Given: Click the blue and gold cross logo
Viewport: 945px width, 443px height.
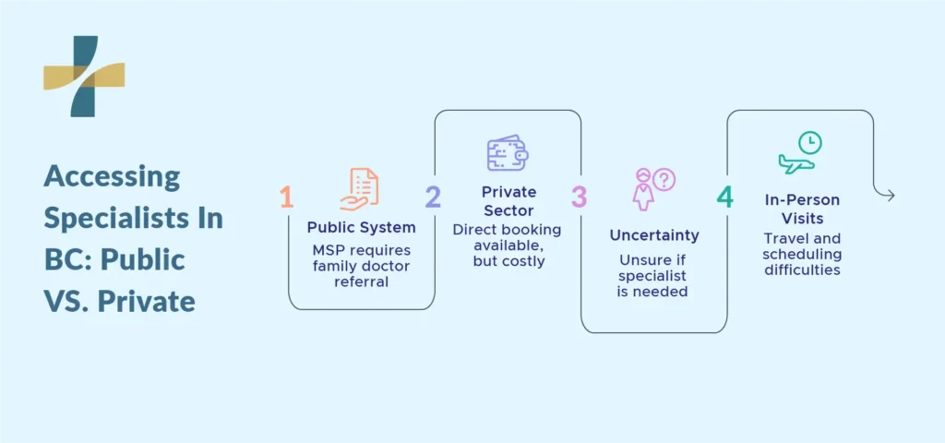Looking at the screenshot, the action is point(84,76).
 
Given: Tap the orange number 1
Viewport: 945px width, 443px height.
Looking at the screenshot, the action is point(287,198).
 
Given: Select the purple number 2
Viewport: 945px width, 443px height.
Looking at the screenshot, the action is point(433,198).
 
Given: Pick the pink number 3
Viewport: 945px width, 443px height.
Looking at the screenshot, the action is point(579,198).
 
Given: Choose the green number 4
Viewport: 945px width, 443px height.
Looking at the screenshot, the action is point(725,198).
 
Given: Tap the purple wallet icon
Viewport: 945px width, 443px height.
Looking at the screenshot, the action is point(508,152).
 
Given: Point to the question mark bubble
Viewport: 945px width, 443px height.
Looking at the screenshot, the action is point(664,180).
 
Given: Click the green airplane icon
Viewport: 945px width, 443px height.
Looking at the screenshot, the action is point(796,163).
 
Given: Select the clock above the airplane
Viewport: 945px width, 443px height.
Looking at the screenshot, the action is point(810,143).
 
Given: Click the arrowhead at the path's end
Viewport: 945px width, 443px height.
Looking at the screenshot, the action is point(891,196).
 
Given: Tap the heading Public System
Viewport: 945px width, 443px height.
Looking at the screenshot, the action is point(362,227).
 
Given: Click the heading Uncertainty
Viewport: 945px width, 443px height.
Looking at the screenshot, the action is point(654,235).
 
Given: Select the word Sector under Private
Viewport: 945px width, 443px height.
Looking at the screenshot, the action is point(508,210).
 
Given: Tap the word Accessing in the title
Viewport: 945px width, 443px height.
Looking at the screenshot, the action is point(112,178).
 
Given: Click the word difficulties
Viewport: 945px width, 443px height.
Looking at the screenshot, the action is point(802,270).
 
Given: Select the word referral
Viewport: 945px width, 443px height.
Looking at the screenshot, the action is point(362,281).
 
